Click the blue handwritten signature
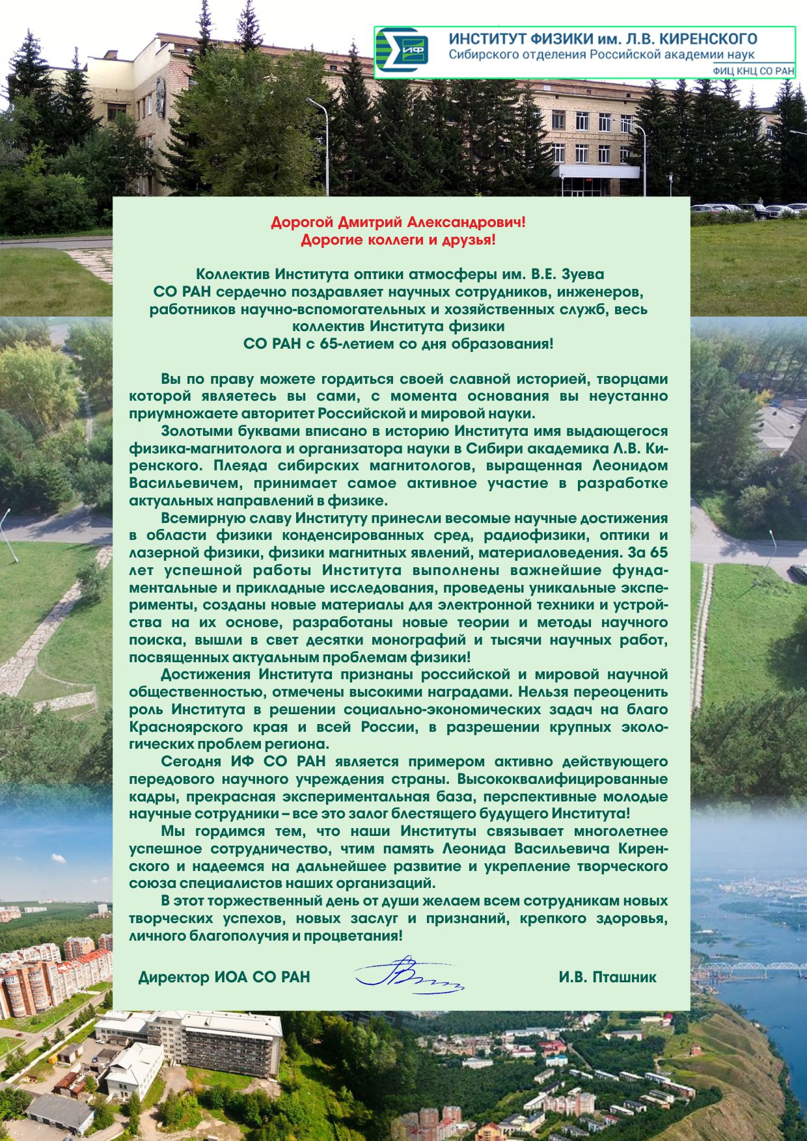[409, 975]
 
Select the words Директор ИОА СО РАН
[224, 977]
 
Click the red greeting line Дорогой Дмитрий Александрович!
[398, 223]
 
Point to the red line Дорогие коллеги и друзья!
[398, 241]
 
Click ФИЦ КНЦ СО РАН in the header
[753, 71]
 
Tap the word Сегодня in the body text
[190, 762]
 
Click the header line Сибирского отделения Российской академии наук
[601, 55]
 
